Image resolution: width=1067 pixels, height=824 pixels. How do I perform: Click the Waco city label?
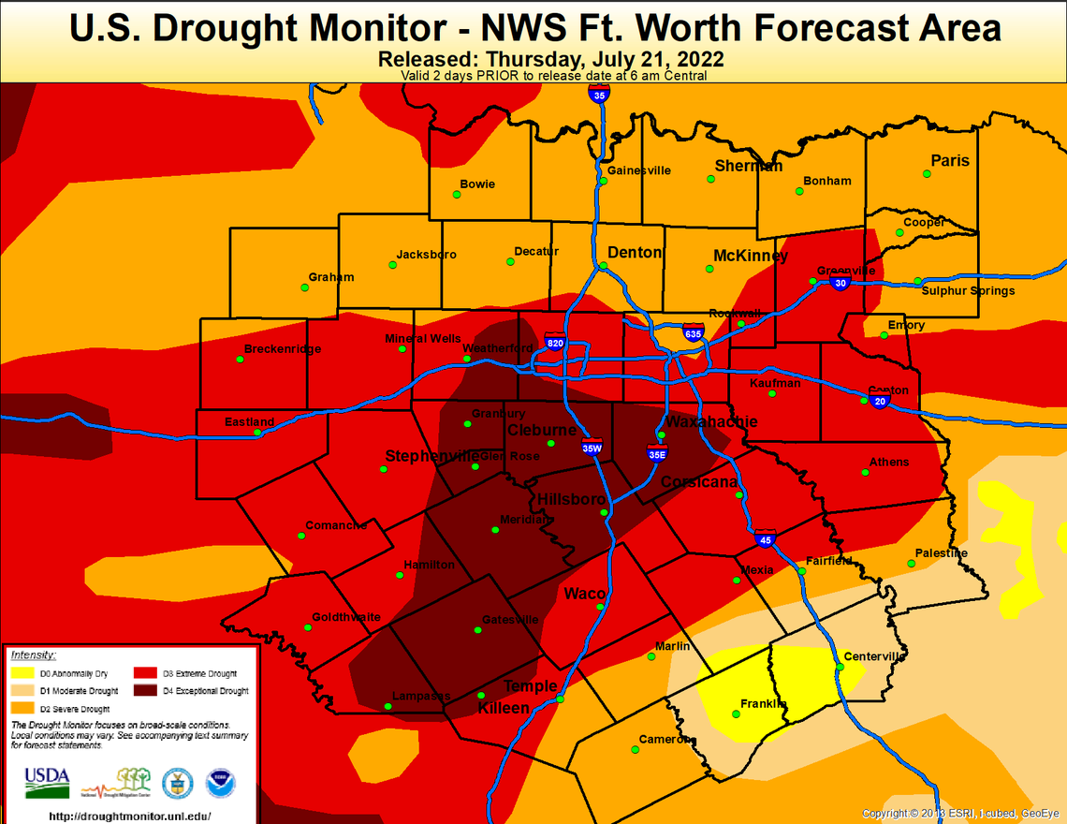584,594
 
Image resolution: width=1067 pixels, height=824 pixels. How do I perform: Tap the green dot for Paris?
927,174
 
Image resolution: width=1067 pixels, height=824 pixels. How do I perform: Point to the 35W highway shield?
592,448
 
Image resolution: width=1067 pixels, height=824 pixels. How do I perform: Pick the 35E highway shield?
656,454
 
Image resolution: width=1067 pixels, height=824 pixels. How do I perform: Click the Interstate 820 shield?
555,342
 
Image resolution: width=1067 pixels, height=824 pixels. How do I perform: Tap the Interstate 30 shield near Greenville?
840,282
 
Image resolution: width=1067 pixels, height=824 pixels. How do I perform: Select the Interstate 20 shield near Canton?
879,401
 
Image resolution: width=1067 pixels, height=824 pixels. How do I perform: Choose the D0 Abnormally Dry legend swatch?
23,673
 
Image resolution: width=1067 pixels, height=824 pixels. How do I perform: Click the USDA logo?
47,782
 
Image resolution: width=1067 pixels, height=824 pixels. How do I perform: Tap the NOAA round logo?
221,783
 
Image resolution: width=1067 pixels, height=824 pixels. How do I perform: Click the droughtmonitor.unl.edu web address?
129,816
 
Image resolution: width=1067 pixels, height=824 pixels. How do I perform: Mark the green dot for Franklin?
736,714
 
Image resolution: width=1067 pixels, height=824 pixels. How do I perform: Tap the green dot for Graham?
304,287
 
